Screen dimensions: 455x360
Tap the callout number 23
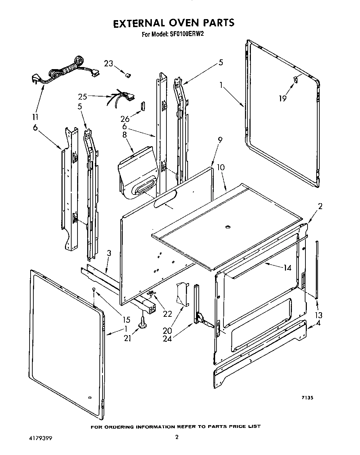pyautogui.click(x=109, y=64)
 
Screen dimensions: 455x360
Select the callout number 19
pyautogui.click(x=283, y=99)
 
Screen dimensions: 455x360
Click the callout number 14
pyautogui.click(x=287, y=268)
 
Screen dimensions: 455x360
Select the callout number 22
pyautogui.click(x=167, y=313)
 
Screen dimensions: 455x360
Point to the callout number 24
pyautogui.click(x=167, y=338)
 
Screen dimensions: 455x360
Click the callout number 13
pyautogui.click(x=318, y=315)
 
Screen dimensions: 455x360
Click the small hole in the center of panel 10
pyautogui.click(x=228, y=227)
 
